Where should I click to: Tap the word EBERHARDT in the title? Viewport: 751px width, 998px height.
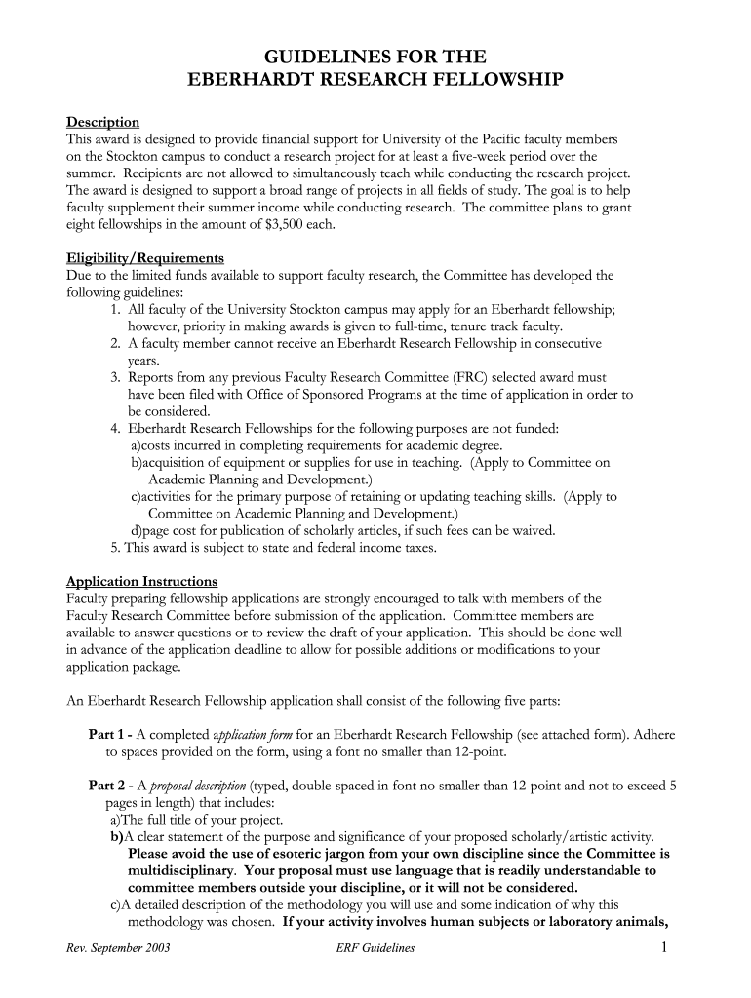tap(251, 79)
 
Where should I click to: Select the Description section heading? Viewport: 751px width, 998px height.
tap(102, 122)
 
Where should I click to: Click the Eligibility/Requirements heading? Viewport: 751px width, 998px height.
tap(145, 258)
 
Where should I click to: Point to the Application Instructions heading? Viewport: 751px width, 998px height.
tap(141, 582)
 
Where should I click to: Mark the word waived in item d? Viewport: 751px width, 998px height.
tap(534, 530)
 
